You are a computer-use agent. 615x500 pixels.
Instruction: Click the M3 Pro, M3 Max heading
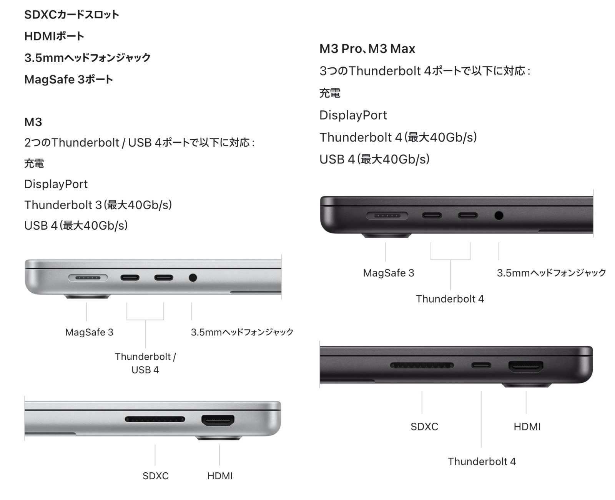point(367,49)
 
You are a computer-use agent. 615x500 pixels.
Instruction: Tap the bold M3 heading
point(33,122)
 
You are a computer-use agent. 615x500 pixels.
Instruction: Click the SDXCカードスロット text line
point(71,15)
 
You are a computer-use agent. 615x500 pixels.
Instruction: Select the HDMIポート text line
point(54,36)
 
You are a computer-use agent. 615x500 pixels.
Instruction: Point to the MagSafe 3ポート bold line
point(68,80)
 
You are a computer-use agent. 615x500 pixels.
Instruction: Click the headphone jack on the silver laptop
point(193,277)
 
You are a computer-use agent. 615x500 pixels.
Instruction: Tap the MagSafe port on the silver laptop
point(88,277)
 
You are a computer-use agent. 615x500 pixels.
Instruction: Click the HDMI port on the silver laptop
point(218,421)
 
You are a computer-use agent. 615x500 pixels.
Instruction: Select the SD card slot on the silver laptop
point(155,419)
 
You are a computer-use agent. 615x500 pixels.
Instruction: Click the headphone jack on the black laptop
point(499,215)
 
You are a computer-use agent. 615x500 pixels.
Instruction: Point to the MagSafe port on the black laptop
point(387,215)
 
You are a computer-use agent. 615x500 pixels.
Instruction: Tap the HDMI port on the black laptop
point(526,367)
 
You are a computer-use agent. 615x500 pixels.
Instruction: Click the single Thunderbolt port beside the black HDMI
point(481,365)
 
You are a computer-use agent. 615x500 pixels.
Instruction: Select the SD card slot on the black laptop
point(422,365)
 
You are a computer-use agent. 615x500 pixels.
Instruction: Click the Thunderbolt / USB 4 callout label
point(145,363)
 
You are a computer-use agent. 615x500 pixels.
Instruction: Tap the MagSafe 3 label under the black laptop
point(389,273)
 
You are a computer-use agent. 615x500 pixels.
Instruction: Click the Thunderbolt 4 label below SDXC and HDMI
point(482,462)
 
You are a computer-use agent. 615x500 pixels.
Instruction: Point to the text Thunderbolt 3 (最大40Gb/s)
point(98,205)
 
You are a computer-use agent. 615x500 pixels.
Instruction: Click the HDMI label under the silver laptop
point(220,476)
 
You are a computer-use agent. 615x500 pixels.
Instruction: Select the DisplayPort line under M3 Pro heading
point(353,115)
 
